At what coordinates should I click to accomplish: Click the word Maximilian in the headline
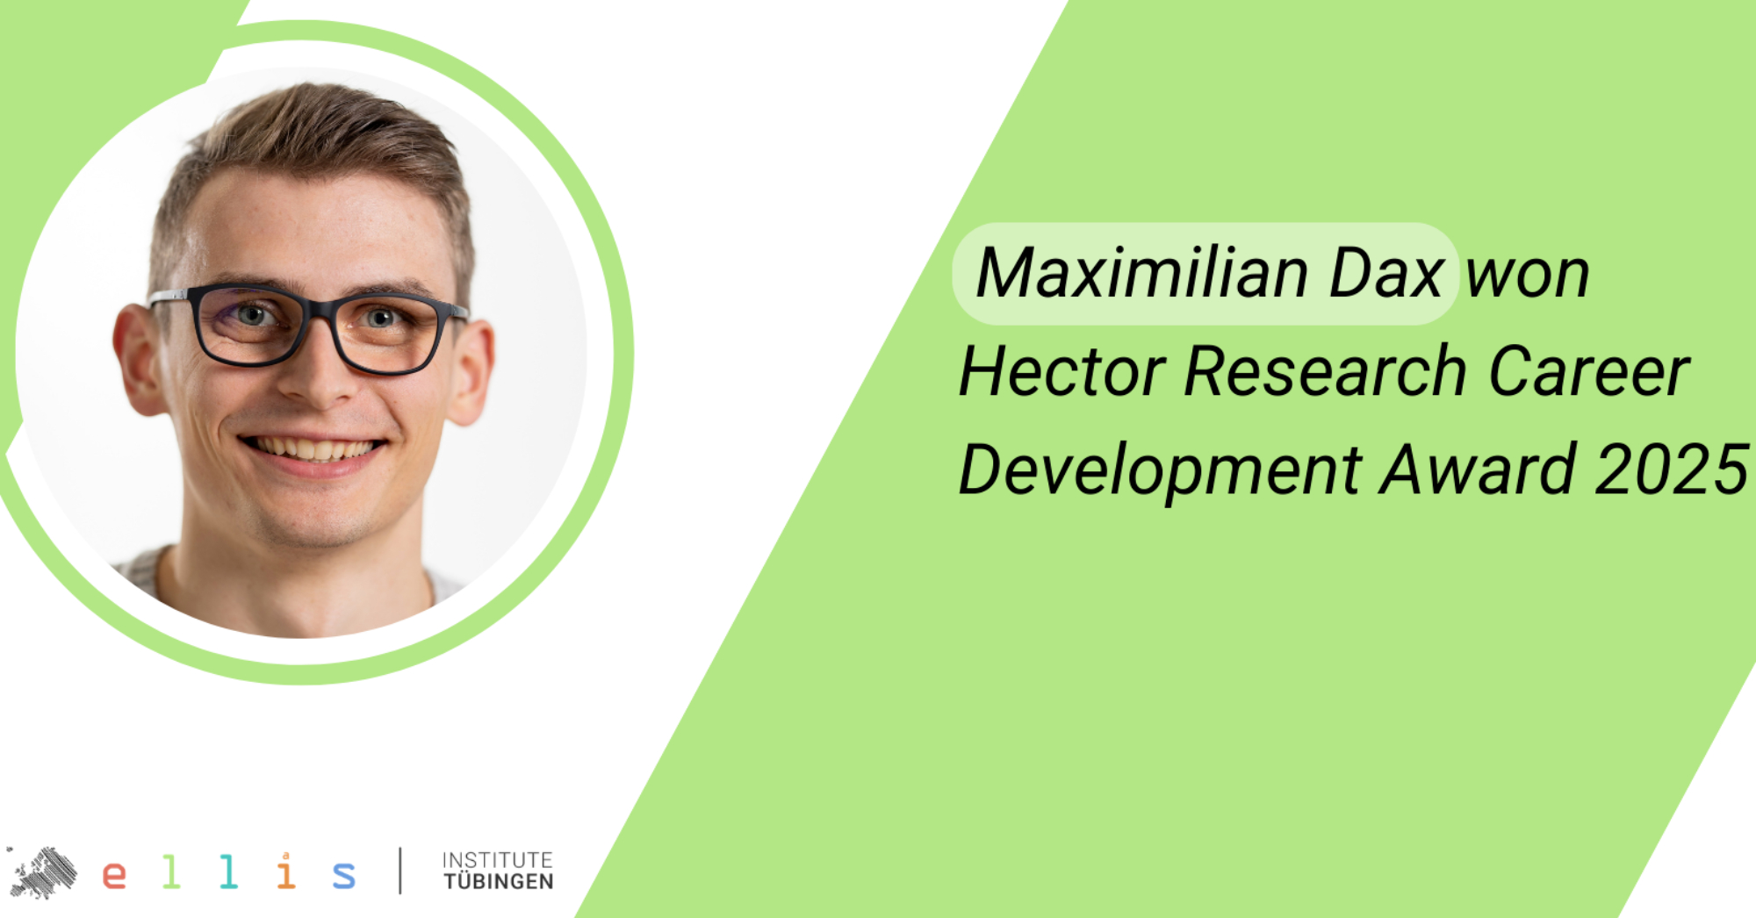(1142, 273)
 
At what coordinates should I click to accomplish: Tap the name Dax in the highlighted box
(1386, 273)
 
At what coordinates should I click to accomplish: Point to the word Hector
(1062, 371)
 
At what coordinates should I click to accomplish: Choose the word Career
(1589, 371)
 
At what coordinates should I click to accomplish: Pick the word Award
(1478, 470)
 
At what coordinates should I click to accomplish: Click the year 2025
(1672, 470)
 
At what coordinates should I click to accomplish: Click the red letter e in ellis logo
(114, 875)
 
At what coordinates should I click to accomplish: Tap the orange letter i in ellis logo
(285, 871)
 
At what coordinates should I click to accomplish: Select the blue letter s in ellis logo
(344, 875)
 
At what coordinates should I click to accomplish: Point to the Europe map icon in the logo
(41, 872)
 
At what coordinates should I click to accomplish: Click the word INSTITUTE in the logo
(498, 860)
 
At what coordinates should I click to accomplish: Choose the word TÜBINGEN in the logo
(499, 881)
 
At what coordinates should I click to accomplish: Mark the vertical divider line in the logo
(400, 871)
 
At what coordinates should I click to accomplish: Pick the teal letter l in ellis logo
(228, 871)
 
